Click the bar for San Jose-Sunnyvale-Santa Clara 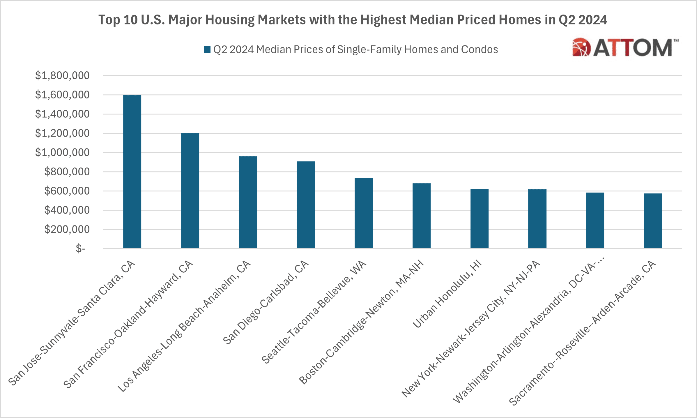click(132, 172)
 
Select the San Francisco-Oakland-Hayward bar click(190, 191)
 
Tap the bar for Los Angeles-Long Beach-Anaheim click(248, 202)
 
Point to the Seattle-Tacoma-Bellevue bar click(364, 213)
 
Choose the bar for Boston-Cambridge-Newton click(422, 216)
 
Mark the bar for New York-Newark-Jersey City click(537, 219)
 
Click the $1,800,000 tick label click(62, 76)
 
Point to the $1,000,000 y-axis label click(62, 153)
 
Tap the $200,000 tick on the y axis click(67, 230)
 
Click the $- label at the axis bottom click(81, 249)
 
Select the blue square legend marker click(207, 50)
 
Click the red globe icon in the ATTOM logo click(581, 47)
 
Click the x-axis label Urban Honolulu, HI click(447, 294)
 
